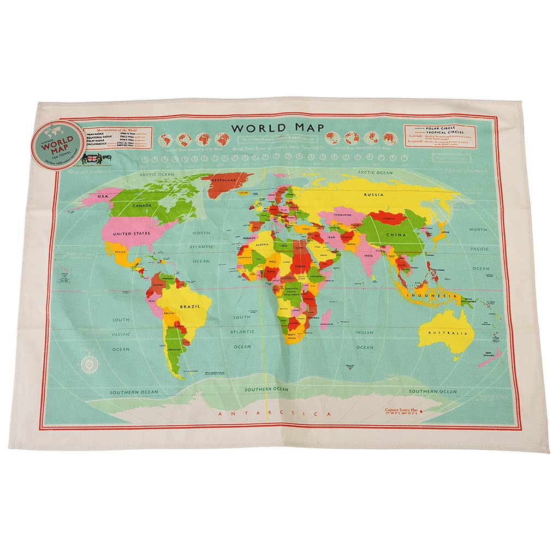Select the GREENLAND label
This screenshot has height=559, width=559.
(224, 180)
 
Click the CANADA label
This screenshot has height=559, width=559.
(145, 206)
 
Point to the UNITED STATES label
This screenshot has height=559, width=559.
(130, 234)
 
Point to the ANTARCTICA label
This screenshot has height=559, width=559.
(275, 414)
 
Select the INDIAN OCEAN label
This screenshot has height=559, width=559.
(365, 339)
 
